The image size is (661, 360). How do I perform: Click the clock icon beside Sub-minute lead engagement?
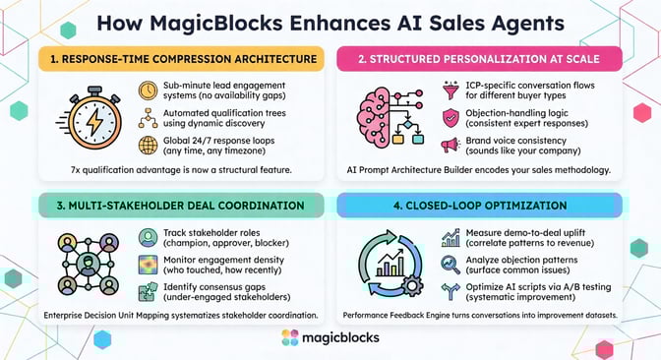149,90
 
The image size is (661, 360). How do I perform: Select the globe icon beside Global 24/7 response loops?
149,147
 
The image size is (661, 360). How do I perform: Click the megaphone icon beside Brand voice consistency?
451,146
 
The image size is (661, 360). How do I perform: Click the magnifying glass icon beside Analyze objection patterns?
451,264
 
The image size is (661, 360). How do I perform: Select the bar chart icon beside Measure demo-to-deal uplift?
451,237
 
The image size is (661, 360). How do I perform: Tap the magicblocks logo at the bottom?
330,338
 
